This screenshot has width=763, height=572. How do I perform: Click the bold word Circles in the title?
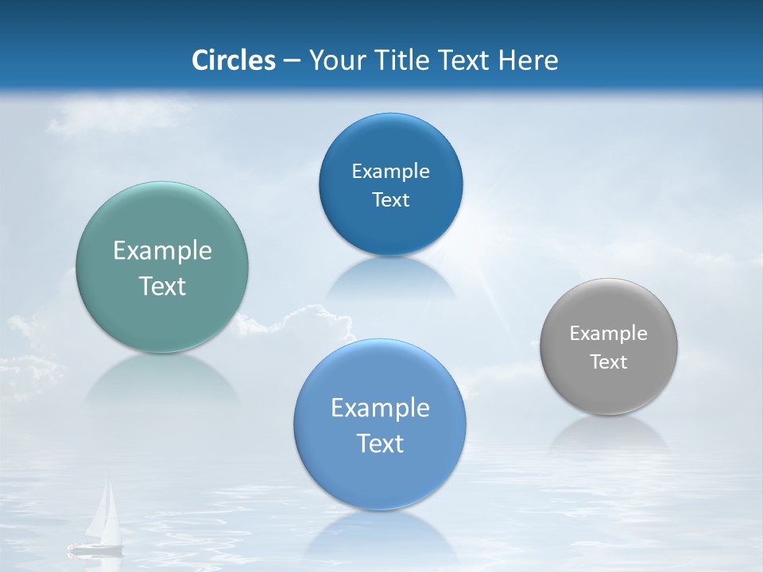(x=234, y=60)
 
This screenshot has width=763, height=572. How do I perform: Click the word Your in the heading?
(x=337, y=60)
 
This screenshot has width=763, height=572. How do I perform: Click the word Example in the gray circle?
(x=609, y=334)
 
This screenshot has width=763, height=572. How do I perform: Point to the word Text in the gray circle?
(x=609, y=362)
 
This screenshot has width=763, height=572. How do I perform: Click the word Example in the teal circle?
(x=162, y=251)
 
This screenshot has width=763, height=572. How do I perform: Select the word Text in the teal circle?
(x=162, y=286)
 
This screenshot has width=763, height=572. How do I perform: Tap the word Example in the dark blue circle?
(x=390, y=172)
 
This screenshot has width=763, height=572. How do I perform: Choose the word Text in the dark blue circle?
(x=390, y=200)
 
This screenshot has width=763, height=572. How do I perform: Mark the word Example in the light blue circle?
(x=380, y=408)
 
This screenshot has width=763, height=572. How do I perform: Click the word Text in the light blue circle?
(x=380, y=443)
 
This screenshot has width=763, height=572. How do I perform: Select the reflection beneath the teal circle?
(x=162, y=377)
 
